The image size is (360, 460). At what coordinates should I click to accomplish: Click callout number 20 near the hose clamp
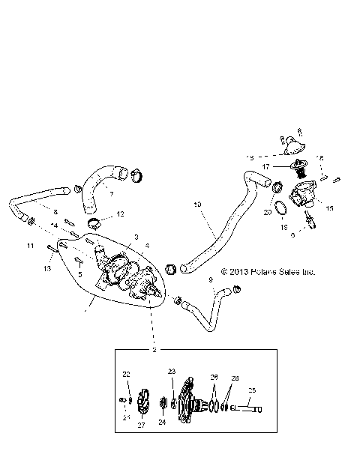point(268,213)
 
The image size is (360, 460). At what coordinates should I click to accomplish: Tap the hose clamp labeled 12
point(94,223)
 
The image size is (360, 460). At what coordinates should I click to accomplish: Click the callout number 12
point(121,214)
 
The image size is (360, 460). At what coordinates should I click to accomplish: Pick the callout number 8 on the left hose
point(55,212)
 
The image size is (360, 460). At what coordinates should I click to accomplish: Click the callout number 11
point(30,245)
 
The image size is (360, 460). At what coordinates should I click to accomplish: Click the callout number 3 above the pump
point(136,237)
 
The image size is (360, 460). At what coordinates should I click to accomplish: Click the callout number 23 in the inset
point(172,372)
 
